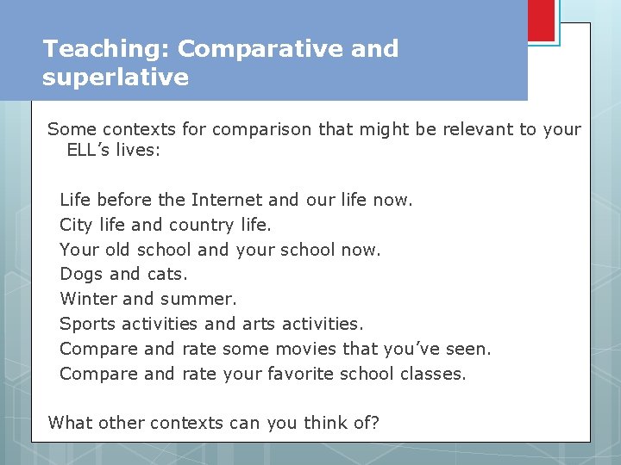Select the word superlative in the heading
pyautogui.click(x=116, y=77)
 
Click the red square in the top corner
pyautogui.click(x=541, y=20)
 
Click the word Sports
pyautogui.click(x=87, y=324)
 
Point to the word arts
pyautogui.click(x=260, y=324)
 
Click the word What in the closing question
pyautogui.click(x=71, y=422)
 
